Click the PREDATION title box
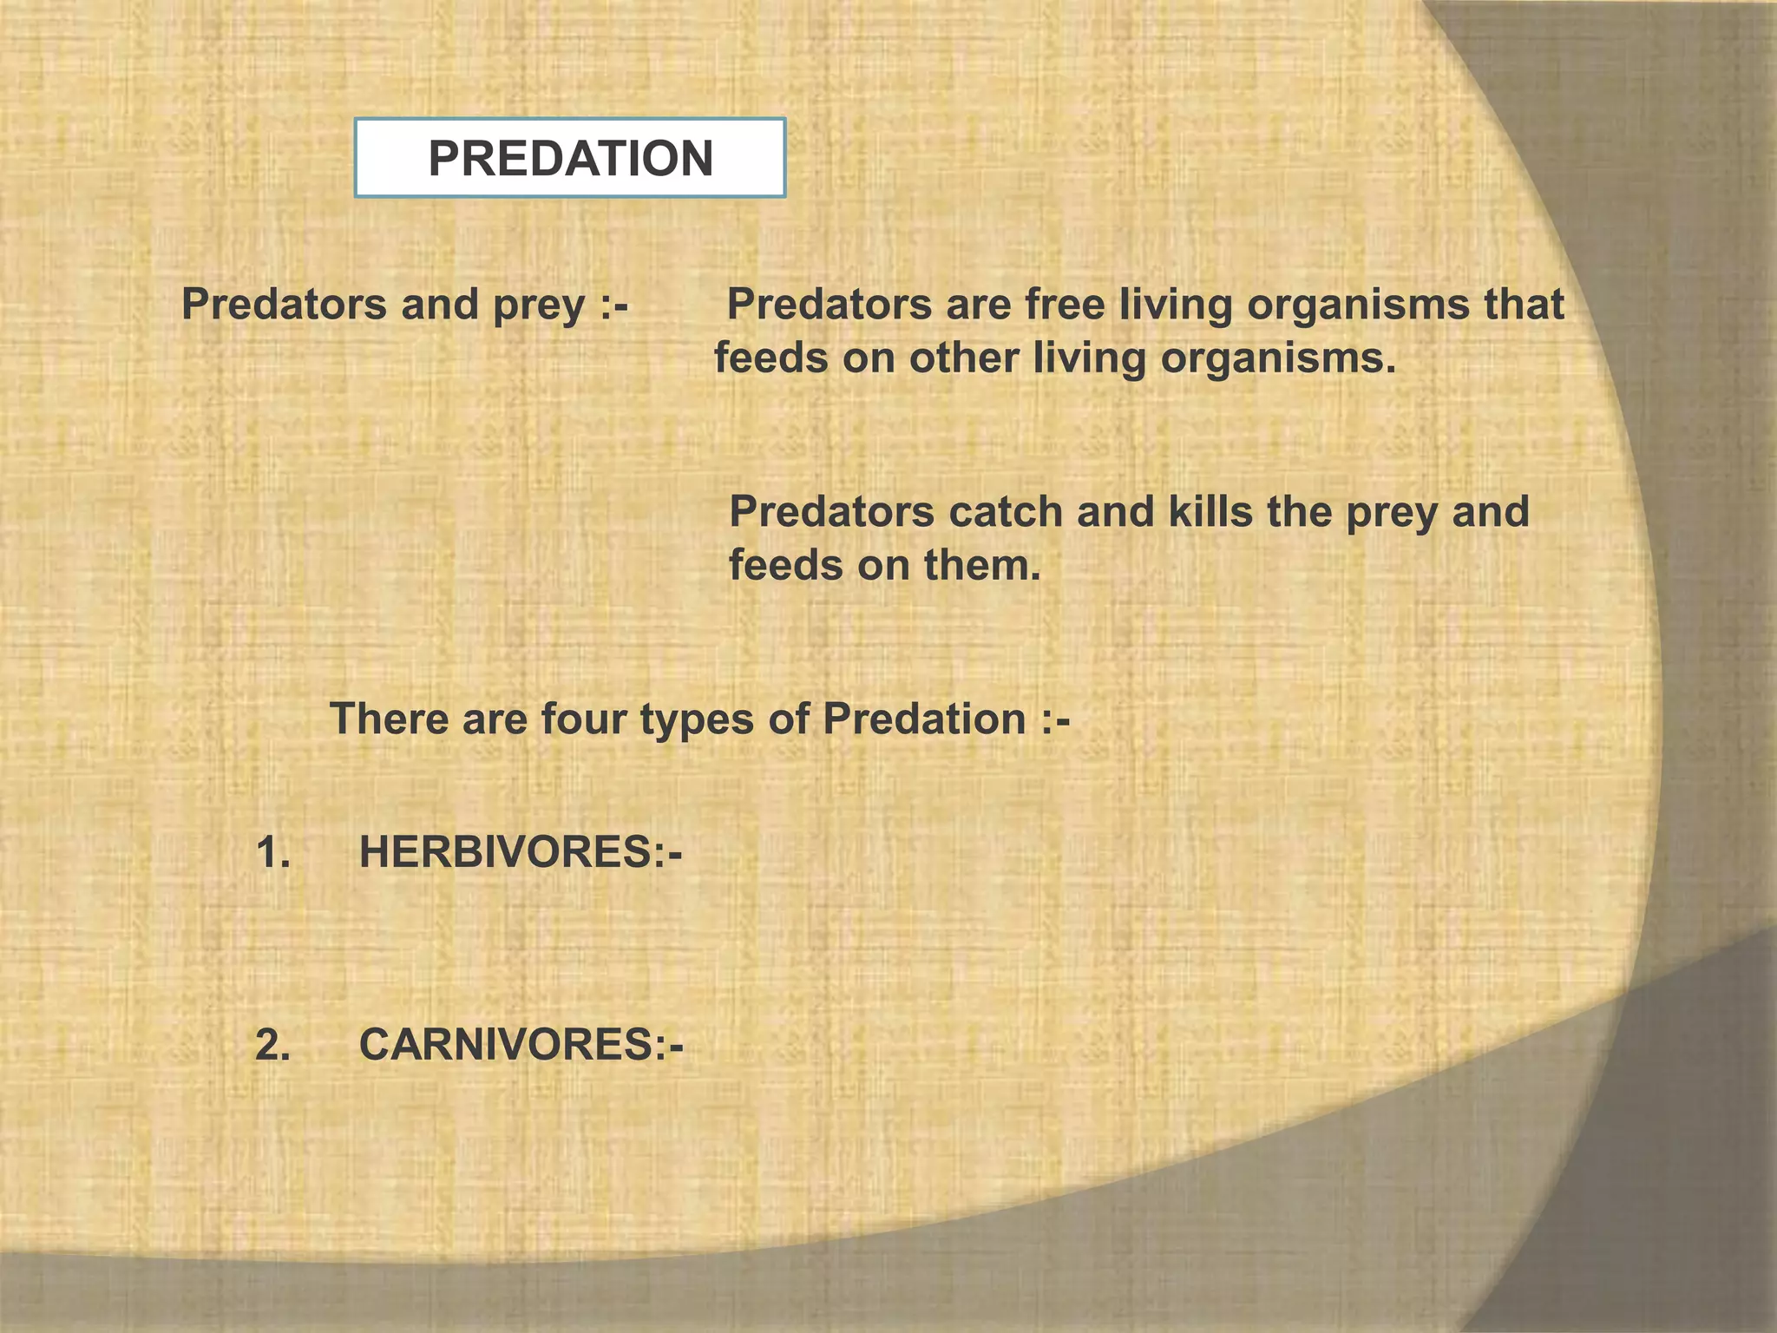pyautogui.click(x=570, y=158)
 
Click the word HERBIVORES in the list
pyautogui.click(x=507, y=852)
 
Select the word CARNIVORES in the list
pyautogui.click(x=507, y=1044)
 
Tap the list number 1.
pyautogui.click(x=272, y=852)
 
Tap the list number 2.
pyautogui.click(x=272, y=1044)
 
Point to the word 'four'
pyautogui.click(x=583, y=719)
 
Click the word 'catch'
pyautogui.click(x=1006, y=512)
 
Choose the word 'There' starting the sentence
pyautogui.click(x=388, y=719)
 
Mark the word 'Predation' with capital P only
pyautogui.click(x=924, y=719)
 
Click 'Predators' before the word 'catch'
pyautogui.click(x=832, y=512)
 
